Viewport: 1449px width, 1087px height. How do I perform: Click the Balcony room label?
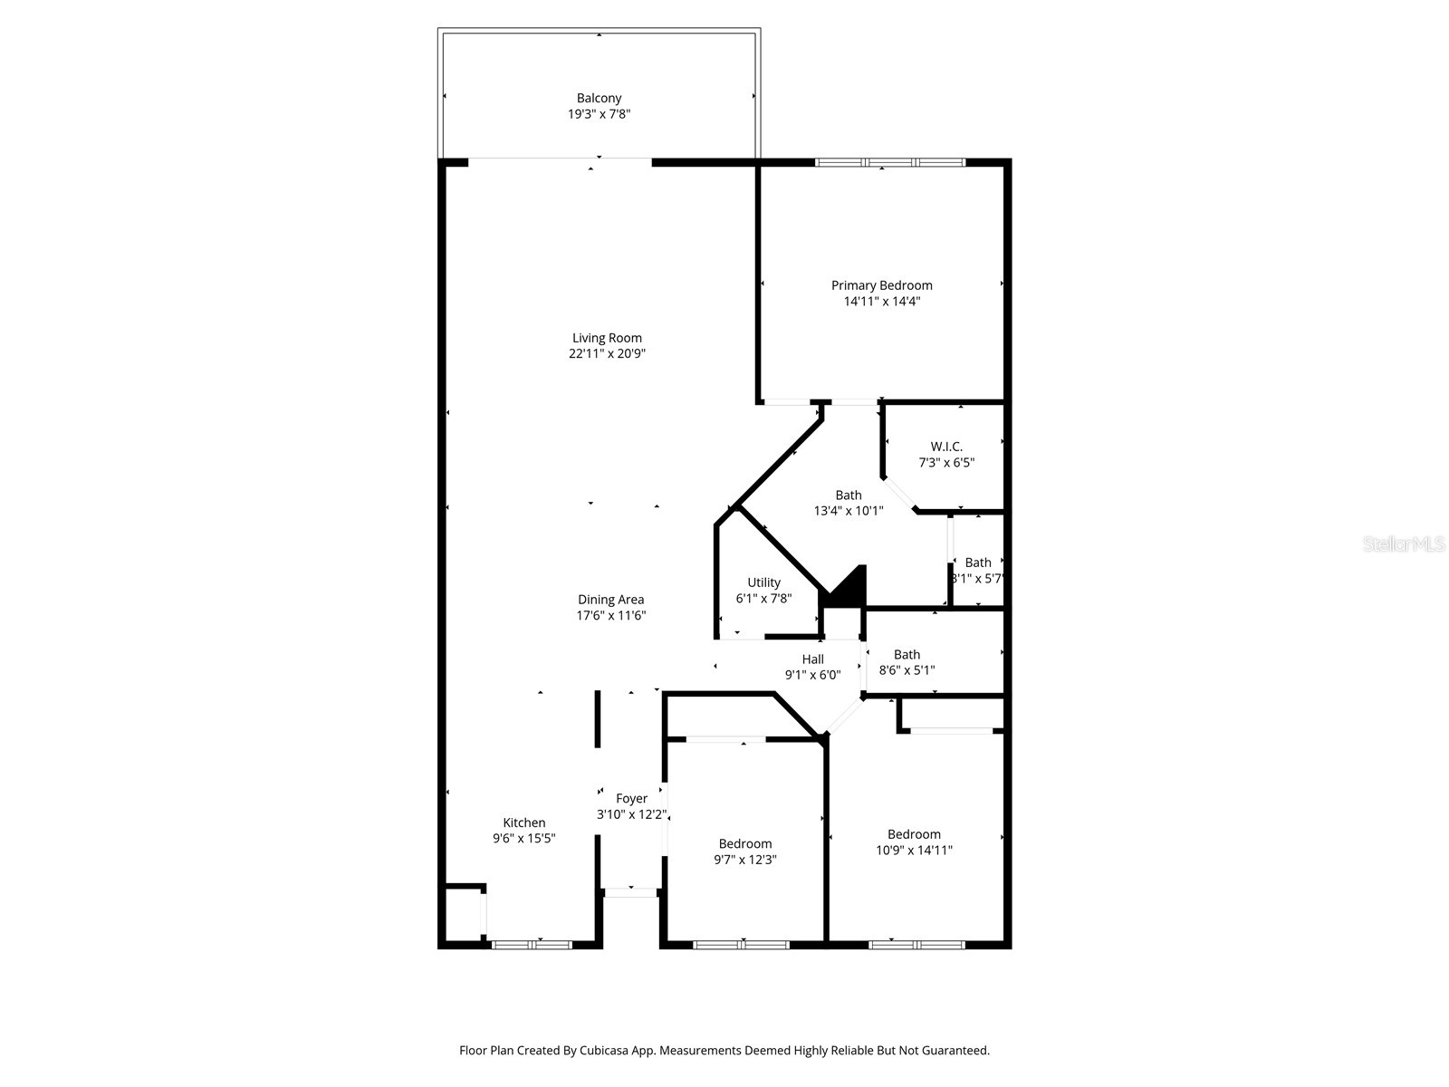click(599, 98)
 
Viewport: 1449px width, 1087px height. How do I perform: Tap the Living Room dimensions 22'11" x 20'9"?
click(607, 354)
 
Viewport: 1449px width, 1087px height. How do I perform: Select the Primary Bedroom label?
click(881, 285)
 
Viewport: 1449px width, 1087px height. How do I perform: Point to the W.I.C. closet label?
click(946, 447)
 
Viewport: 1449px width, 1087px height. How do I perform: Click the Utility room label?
click(763, 582)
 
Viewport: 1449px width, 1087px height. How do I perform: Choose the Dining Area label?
click(610, 600)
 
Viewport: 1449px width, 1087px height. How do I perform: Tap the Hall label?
click(812, 659)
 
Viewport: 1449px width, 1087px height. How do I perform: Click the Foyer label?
click(631, 798)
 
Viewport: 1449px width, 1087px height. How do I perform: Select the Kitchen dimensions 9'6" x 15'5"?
click(523, 839)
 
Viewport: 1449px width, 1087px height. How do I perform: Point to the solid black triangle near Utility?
click(849, 589)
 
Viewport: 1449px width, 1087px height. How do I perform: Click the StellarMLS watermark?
click(1403, 543)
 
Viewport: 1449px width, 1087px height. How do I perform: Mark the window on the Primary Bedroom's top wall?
click(889, 162)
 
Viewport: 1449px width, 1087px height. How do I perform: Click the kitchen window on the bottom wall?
click(532, 945)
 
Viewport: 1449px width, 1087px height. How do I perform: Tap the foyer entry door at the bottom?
click(630, 892)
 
